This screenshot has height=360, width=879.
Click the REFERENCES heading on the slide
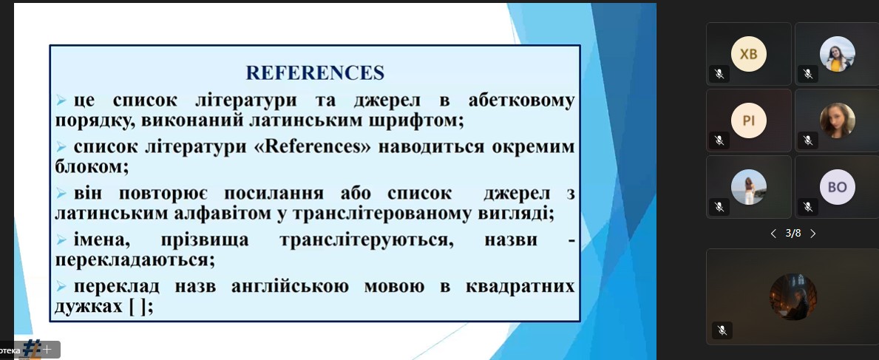(x=315, y=73)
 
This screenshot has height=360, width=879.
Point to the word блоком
(x=92, y=166)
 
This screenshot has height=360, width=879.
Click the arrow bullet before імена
(x=61, y=240)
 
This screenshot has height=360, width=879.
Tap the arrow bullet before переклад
(x=61, y=287)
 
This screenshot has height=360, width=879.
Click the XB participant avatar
(x=748, y=54)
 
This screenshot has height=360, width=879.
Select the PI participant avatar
(x=748, y=120)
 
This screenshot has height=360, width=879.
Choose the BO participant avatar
(x=838, y=187)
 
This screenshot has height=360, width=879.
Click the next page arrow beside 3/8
(x=813, y=234)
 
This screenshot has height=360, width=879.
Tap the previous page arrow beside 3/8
(x=773, y=234)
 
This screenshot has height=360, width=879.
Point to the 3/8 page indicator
(x=793, y=233)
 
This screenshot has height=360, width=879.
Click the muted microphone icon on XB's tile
(x=719, y=73)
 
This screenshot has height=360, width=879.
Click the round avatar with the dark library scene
(x=793, y=296)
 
